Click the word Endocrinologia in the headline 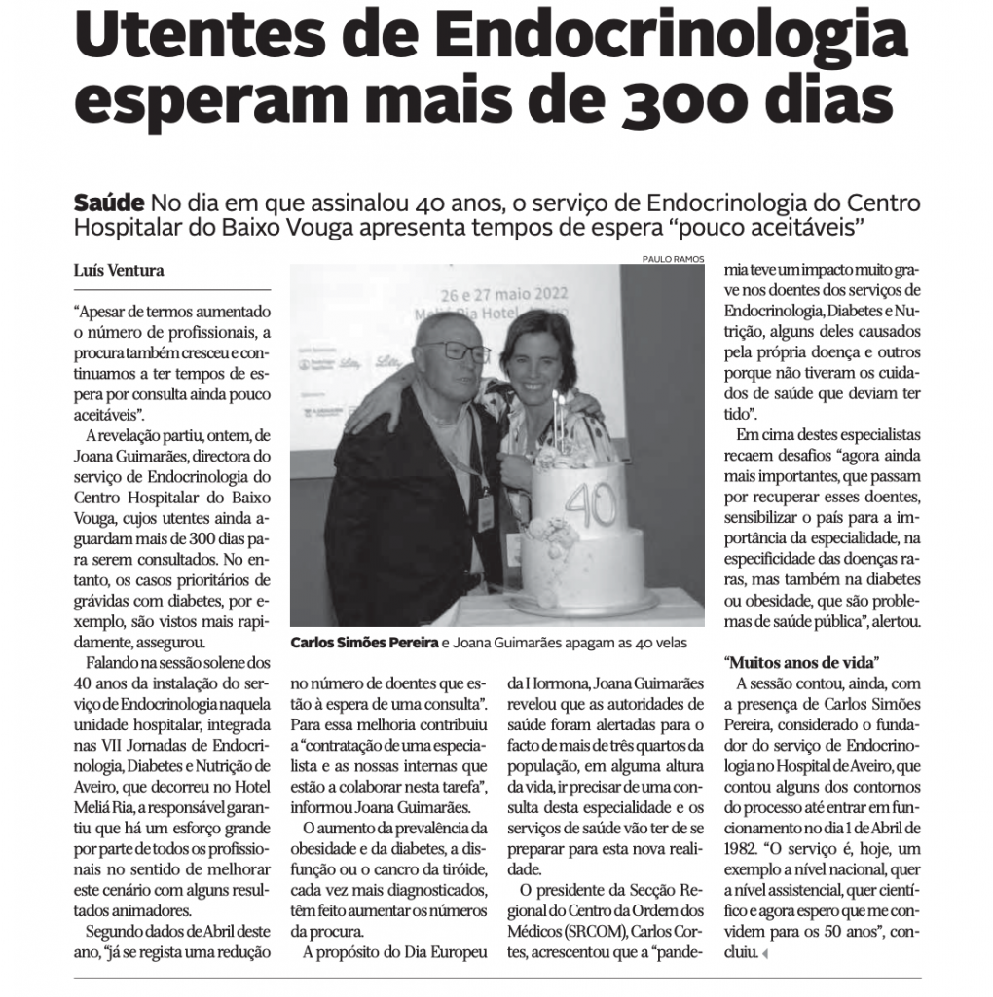click(x=673, y=35)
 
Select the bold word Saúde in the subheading click(x=110, y=204)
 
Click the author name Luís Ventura click(x=119, y=270)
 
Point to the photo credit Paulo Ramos click(x=673, y=259)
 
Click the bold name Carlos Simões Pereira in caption click(x=364, y=643)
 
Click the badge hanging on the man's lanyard click(x=485, y=508)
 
